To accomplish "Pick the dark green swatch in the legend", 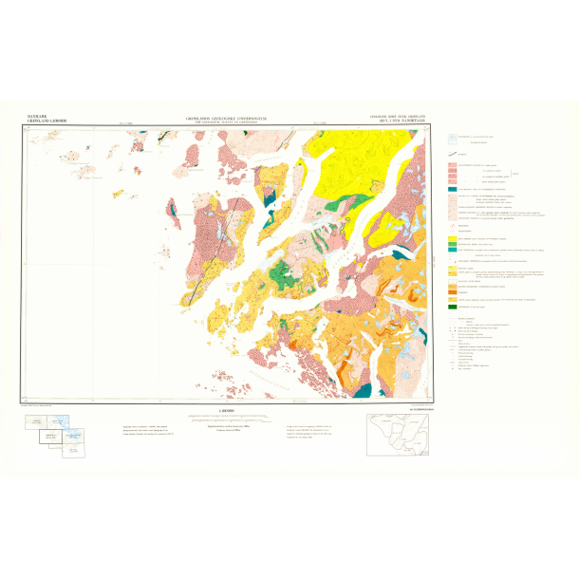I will pos(453,307).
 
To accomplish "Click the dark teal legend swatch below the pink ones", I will pos(453,189).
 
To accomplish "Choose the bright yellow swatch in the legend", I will pos(453,239).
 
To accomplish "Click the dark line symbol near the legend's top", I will pos(453,153).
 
